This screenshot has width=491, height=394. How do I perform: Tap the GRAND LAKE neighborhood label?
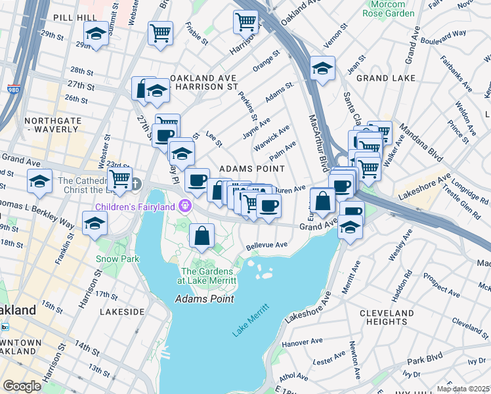385,78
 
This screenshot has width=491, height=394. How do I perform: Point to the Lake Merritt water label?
251,320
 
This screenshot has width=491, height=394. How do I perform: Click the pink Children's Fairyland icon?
186,207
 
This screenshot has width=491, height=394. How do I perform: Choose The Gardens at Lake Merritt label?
209,276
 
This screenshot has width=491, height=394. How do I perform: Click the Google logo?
22,385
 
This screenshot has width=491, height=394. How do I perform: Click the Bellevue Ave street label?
267,246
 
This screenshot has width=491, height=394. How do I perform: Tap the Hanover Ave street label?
300,343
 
